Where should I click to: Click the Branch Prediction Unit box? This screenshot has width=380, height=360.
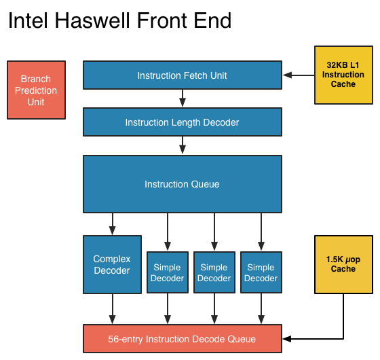[x=37, y=90]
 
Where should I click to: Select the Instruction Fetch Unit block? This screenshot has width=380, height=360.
[x=182, y=75]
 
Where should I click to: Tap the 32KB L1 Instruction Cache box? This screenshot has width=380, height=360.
[x=343, y=75]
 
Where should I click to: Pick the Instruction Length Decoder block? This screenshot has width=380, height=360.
[x=182, y=122]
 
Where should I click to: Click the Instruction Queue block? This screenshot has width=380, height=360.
[x=182, y=183]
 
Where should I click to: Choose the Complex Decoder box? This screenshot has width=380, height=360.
[x=112, y=264]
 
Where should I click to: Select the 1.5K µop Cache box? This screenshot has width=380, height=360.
[x=343, y=264]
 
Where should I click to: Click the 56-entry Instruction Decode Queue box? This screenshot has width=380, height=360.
[x=182, y=339]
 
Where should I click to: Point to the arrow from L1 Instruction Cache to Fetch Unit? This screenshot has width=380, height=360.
[x=299, y=75]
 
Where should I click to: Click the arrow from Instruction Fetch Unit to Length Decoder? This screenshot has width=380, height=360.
[x=182, y=98]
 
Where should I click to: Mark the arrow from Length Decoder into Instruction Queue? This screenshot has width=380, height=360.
[x=182, y=145]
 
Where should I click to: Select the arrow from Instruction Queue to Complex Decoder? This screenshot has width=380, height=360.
[x=112, y=223]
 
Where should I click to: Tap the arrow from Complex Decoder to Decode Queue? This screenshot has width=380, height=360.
[x=112, y=309]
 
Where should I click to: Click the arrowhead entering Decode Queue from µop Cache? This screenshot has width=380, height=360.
[x=286, y=339]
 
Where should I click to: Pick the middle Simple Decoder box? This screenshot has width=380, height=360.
[x=214, y=272]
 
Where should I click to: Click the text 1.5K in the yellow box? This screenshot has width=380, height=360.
[x=334, y=259]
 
